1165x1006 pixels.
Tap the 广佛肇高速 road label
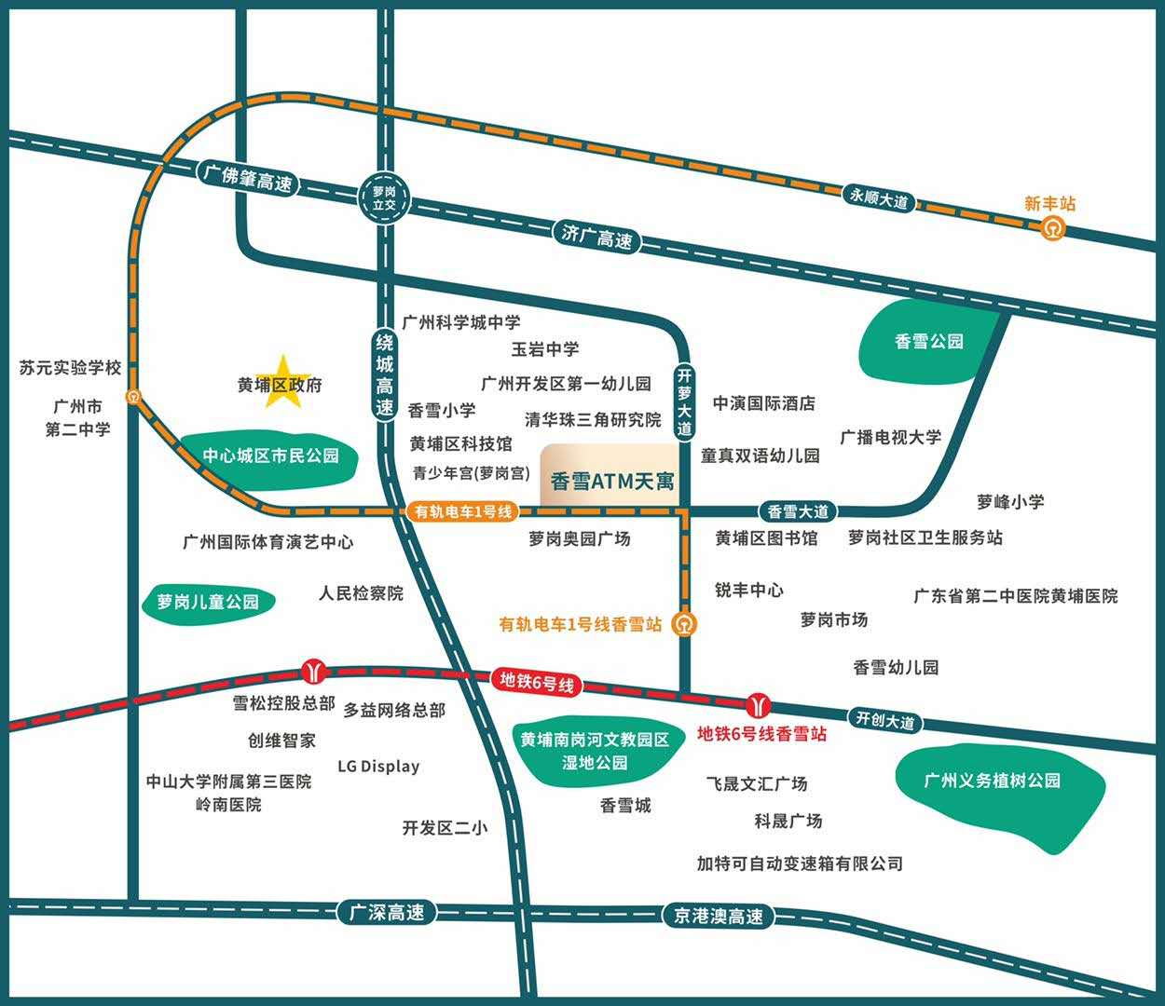[248, 178]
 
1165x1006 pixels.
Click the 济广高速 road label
[597, 237]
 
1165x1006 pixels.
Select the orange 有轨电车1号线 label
[463, 510]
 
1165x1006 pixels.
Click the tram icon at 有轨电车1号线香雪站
[685, 623]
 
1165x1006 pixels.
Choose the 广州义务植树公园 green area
[993, 782]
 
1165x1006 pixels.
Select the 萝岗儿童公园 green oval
[208, 602]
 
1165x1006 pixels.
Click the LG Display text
[378, 767]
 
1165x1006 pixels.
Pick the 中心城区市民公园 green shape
[270, 455]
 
